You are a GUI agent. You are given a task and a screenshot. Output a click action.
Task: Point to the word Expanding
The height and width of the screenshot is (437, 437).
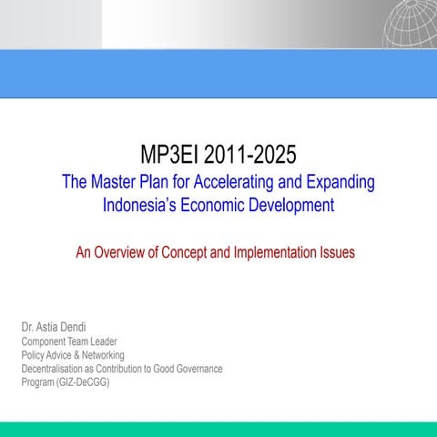(340, 182)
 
